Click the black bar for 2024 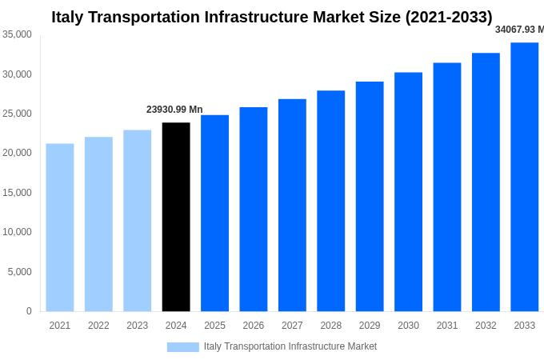coord(176,217)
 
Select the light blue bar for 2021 coord(60,227)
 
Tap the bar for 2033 coord(524,177)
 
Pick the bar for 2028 coord(330,201)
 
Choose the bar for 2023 coord(137,221)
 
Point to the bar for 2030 coord(408,192)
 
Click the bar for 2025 coord(214,213)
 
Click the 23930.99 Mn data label coord(174,110)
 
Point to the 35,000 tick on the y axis coord(18,34)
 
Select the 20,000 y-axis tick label coord(18,153)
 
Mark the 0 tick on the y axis coord(29,311)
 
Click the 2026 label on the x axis coord(254,326)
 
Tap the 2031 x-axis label coord(447,326)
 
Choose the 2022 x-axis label coord(98,326)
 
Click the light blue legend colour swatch coord(182,346)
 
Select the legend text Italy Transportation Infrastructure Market coord(290,346)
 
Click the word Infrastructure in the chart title coord(246,17)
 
